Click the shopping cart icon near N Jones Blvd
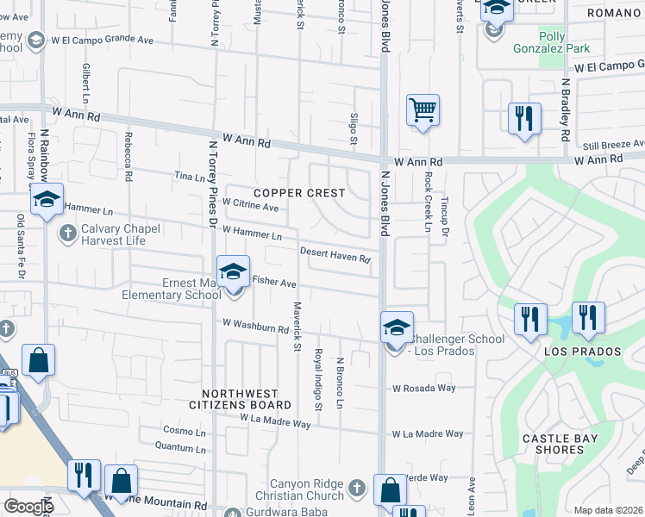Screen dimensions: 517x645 [x=423, y=111]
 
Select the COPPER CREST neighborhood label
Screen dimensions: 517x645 [x=299, y=193]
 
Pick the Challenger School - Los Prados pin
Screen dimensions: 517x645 [x=397, y=329]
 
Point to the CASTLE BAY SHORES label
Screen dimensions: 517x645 [x=560, y=444]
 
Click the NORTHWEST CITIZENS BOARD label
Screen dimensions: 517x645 [x=241, y=398]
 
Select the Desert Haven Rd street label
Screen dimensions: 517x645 [x=335, y=254]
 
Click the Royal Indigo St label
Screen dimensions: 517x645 [x=318, y=379]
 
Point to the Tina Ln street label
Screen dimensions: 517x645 [x=190, y=177]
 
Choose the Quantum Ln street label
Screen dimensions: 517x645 [x=180, y=446]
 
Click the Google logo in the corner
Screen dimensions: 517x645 [x=28, y=507]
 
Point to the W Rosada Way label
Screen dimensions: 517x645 [x=423, y=388]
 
